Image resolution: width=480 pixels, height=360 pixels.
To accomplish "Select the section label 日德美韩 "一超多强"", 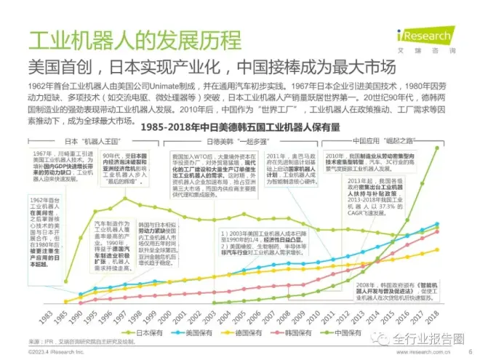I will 229,140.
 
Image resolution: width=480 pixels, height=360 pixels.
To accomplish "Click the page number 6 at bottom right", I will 463,352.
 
